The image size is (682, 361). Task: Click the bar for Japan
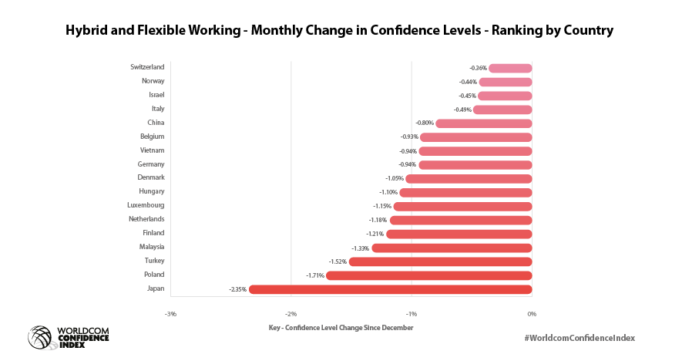tap(390, 289)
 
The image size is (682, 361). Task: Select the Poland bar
tap(429, 275)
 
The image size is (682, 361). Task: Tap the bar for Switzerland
tap(510, 68)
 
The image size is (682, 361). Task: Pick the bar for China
tap(484, 123)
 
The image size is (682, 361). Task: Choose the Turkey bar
tap(440, 261)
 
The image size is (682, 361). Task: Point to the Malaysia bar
tap(452, 248)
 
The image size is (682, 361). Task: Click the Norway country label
tap(153, 81)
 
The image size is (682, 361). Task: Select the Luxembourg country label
tap(145, 205)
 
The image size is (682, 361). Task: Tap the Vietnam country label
tap(152, 150)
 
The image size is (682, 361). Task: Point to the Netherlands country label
tap(146, 219)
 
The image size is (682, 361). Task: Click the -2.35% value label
tap(237, 289)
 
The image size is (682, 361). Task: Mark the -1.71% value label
tap(315, 275)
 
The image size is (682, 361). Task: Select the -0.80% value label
tap(425, 123)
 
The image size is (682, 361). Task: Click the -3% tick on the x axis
tap(170, 313)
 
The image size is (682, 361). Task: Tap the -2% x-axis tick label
tap(291, 313)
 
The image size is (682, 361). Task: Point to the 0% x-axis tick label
tap(531, 313)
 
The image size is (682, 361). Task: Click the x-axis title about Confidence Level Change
tap(341, 327)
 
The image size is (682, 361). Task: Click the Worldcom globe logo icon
tap(41, 337)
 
